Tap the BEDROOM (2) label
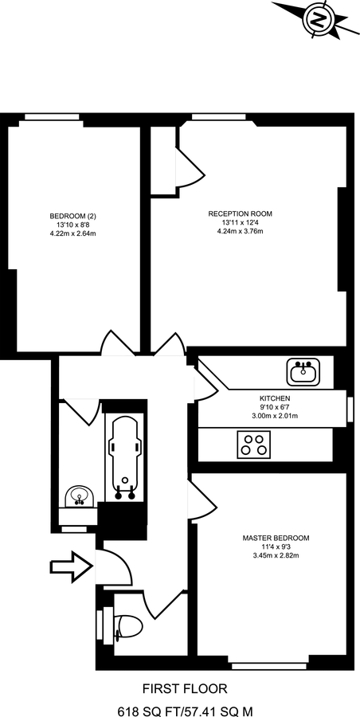(x=72, y=216)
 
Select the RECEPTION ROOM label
(x=240, y=214)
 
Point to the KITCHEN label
(x=274, y=398)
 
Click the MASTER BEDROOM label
(x=276, y=538)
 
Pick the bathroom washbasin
(x=79, y=497)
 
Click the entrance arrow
(x=70, y=567)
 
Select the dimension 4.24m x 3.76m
(x=240, y=232)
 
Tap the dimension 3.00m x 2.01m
(x=274, y=416)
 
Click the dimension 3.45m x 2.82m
(x=276, y=555)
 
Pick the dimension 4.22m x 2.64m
(x=72, y=234)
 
